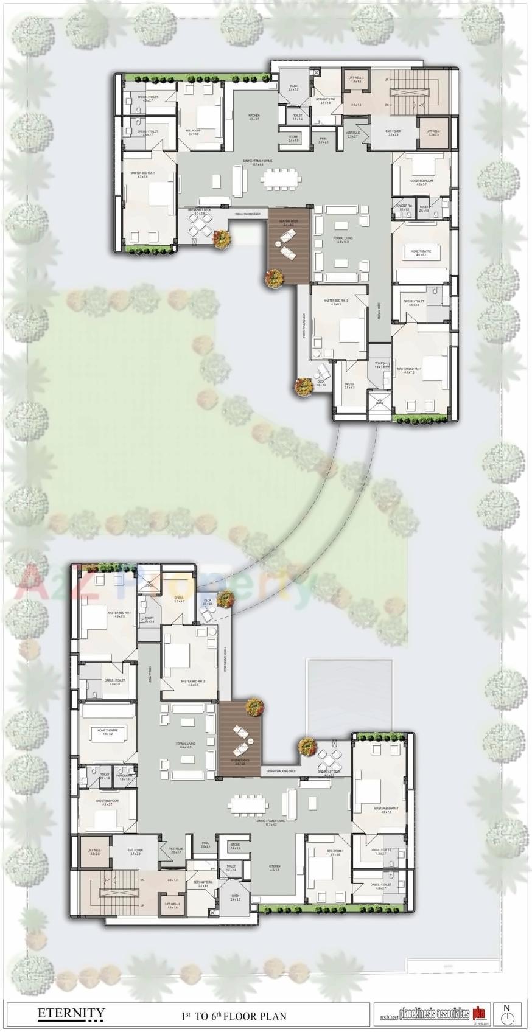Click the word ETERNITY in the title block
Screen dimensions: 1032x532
click(x=71, y=1013)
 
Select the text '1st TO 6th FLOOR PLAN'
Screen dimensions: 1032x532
click(x=234, y=1016)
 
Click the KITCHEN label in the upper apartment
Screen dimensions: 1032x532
click(x=254, y=116)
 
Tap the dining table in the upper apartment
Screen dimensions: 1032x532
click(x=281, y=180)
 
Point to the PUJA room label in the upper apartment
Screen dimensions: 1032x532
click(x=323, y=140)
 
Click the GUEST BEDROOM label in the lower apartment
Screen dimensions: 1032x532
click(x=107, y=801)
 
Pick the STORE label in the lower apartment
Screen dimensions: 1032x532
click(x=235, y=845)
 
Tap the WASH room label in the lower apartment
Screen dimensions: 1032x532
click(x=235, y=896)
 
